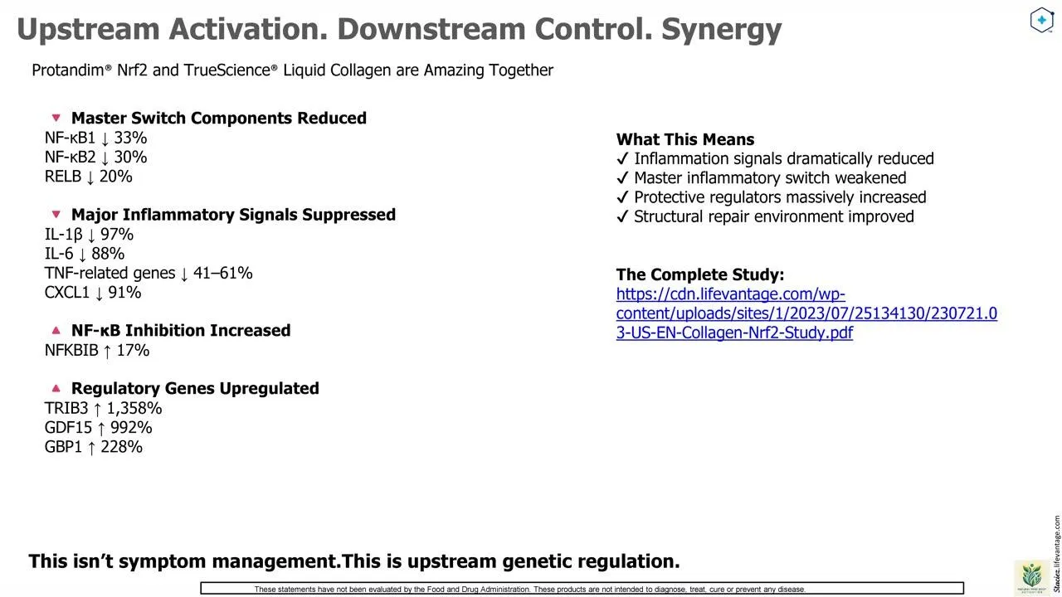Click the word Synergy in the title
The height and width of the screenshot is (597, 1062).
(721, 30)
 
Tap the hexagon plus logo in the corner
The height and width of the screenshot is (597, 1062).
(1041, 20)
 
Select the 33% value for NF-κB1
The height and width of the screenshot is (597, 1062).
(130, 138)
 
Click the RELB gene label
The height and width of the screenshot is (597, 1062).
(63, 177)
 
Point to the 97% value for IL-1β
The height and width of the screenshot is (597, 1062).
(117, 235)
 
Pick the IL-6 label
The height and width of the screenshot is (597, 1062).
(59, 254)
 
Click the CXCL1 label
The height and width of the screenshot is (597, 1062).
(67, 293)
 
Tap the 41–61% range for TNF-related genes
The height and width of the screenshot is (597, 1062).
(223, 273)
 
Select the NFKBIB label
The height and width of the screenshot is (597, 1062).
(71, 350)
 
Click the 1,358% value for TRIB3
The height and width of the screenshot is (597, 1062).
(134, 409)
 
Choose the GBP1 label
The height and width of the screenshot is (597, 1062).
(64, 447)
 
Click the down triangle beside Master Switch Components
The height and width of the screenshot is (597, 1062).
(56, 118)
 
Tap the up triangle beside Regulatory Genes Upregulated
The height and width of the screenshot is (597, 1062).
(56, 388)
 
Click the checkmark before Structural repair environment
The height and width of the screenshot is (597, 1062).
(622, 216)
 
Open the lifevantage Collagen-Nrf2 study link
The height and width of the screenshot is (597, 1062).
(806, 313)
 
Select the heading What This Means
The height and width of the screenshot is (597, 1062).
(685, 139)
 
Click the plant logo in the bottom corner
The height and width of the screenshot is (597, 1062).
(1031, 576)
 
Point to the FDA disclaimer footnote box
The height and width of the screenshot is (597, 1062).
(582, 589)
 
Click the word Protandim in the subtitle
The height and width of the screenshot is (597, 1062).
(69, 70)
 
